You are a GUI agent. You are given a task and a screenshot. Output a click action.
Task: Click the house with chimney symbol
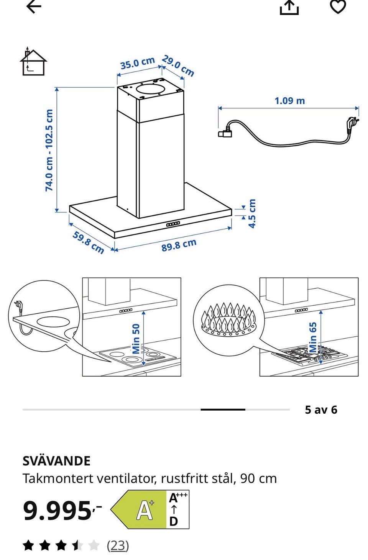[x=33, y=61]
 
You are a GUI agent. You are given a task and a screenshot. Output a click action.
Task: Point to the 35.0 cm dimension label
[x=138, y=63]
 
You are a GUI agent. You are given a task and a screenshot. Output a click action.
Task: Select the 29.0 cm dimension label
[x=178, y=66]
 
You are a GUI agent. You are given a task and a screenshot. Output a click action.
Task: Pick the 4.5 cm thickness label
[x=252, y=213]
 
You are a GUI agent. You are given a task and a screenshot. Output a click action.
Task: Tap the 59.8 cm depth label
[x=88, y=242]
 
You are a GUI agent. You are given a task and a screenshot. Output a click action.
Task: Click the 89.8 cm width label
[x=179, y=245]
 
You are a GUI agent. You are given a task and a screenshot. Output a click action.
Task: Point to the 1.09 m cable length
[x=290, y=101]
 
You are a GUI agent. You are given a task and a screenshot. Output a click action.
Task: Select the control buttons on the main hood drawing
[x=173, y=224]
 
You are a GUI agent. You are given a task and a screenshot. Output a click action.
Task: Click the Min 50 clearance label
[x=136, y=339]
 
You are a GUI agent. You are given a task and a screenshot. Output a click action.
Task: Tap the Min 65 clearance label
[x=313, y=337]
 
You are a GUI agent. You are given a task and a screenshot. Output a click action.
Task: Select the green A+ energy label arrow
[x=138, y=509]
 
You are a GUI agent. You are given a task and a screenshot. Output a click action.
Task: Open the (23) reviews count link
[x=118, y=545]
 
